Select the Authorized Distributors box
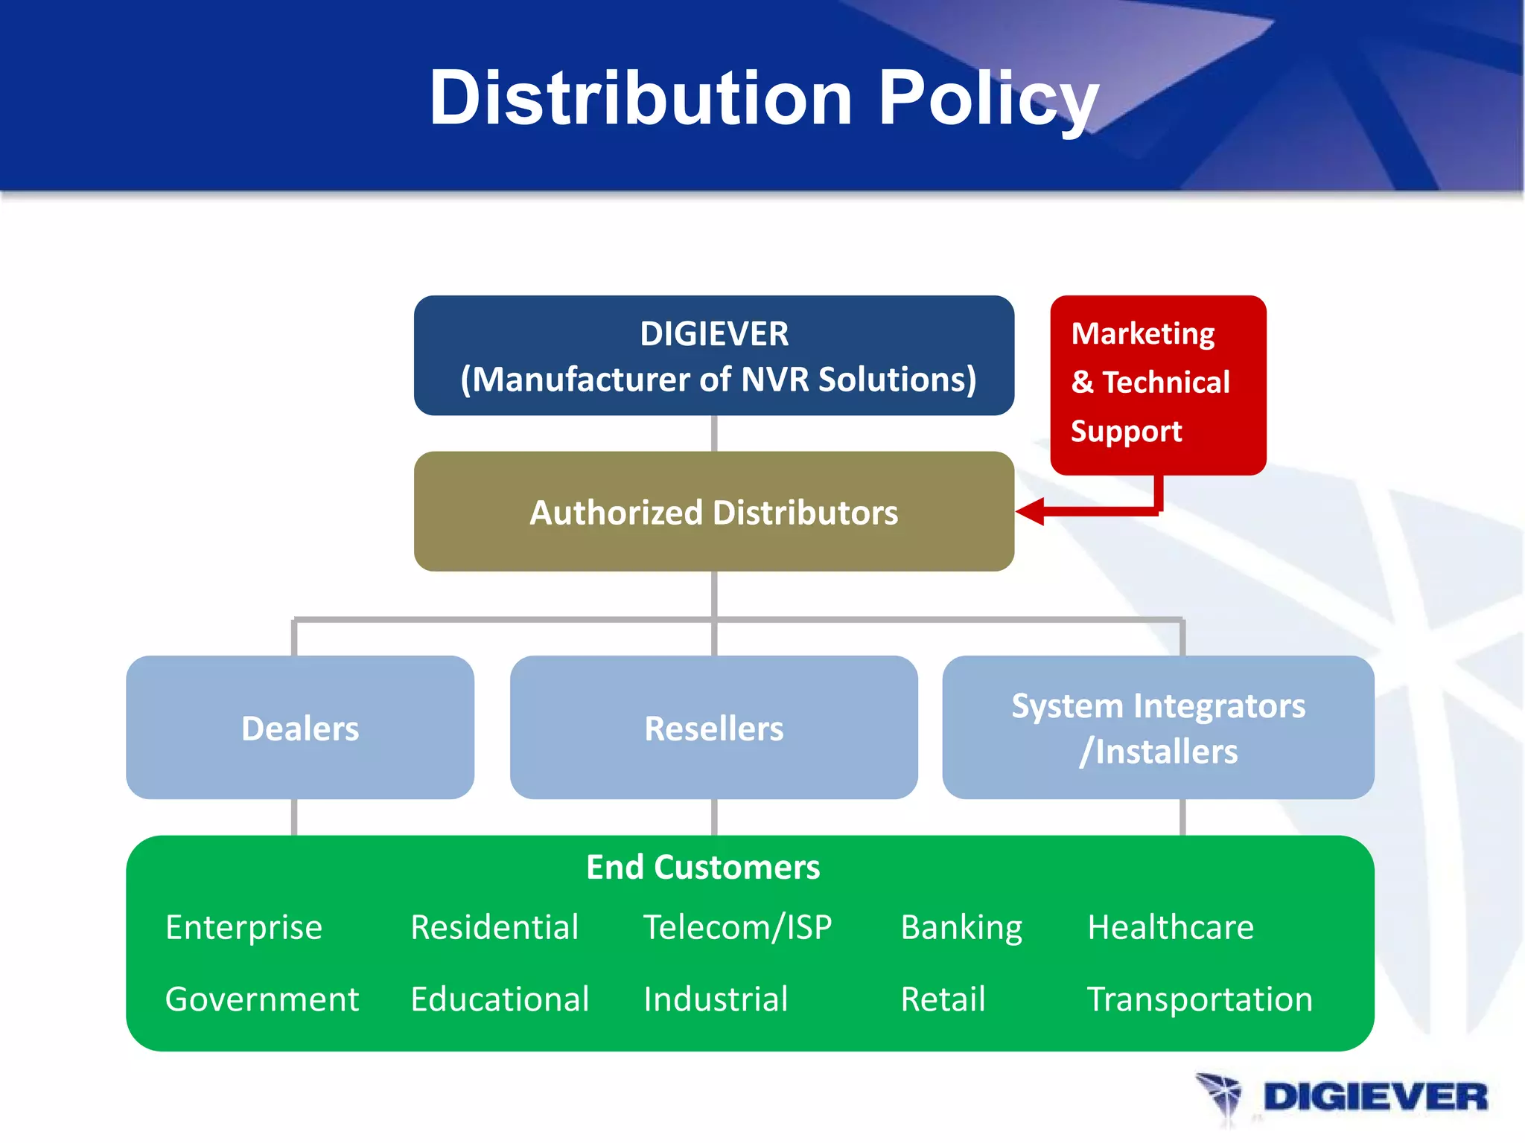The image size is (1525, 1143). point(713,512)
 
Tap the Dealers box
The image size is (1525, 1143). point(300,728)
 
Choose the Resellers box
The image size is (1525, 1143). point(713,728)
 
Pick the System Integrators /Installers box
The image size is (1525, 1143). point(1158,728)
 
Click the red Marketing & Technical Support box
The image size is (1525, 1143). point(1157,384)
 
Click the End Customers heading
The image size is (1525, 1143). point(703,868)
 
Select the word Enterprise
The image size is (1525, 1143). point(243,928)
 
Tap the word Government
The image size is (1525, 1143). point(261,999)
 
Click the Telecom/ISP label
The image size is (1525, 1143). point(737,928)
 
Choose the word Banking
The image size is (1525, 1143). point(961,928)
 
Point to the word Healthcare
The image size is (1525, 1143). point(1170,928)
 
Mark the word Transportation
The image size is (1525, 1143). point(1199,999)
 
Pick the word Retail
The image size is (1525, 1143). point(943,999)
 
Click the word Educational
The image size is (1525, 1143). point(500,999)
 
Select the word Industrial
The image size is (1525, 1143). point(716,999)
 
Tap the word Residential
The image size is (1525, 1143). point(494,928)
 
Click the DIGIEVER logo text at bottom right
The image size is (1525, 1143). point(1375,1098)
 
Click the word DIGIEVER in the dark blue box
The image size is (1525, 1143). point(713,334)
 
